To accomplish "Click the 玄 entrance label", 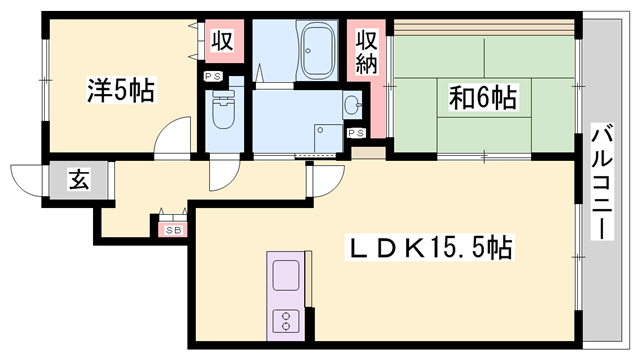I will tap(76, 180).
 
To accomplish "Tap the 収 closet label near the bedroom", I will tap(222, 43).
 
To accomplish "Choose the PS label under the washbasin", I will tap(355, 132).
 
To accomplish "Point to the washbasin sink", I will tap(351, 103).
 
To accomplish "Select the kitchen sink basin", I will tap(283, 273).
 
